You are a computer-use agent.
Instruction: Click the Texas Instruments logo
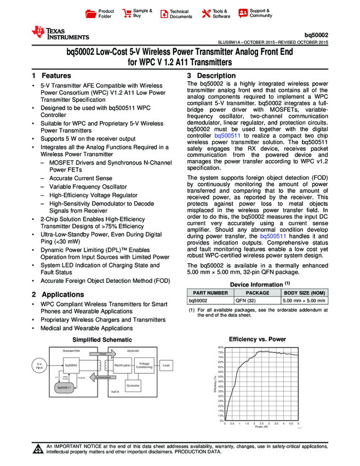point(60,33)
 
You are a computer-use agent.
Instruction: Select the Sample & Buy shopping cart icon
point(128,13)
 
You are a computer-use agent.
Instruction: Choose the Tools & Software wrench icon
point(207,14)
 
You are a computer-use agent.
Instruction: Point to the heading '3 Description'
point(203,75)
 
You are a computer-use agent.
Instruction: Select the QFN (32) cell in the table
point(245,300)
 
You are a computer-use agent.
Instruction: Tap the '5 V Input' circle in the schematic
point(39,366)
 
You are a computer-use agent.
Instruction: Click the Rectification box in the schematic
point(122,365)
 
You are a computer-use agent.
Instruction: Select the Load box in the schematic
point(167,365)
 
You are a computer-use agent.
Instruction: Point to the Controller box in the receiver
point(133,386)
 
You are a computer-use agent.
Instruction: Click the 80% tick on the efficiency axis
point(221,348)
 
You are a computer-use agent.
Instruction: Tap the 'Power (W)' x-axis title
point(261,427)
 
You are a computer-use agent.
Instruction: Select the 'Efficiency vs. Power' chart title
point(257,339)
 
